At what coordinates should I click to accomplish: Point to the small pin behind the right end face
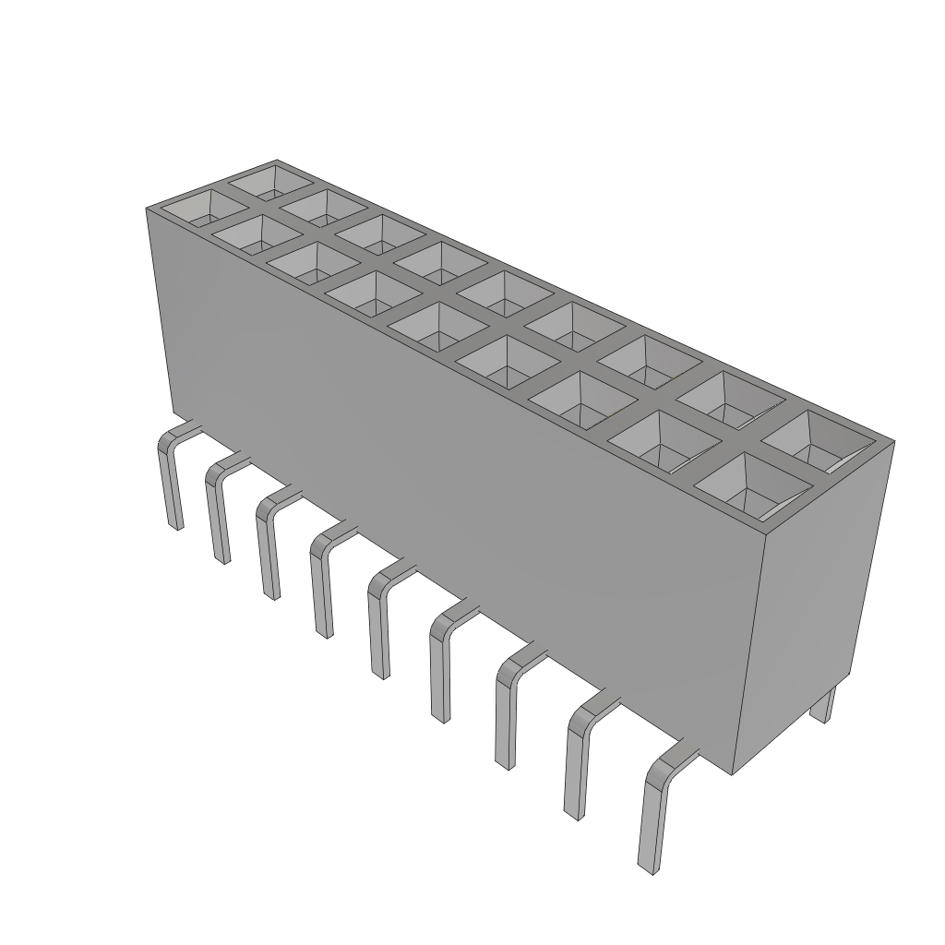pyautogui.click(x=827, y=705)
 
